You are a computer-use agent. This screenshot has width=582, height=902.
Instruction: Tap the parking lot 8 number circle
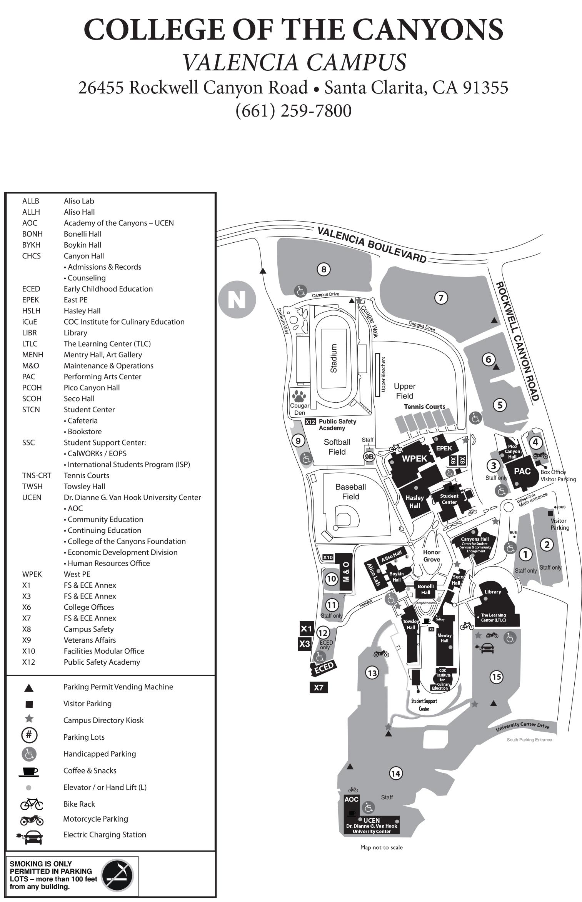[324, 269]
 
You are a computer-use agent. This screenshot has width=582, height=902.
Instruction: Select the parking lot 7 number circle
[441, 297]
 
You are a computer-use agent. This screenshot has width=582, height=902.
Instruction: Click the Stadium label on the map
[334, 358]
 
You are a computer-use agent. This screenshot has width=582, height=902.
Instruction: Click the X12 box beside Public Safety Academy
[310, 422]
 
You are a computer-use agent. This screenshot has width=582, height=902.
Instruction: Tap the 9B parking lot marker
[369, 457]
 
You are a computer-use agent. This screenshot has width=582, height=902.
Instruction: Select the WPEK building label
[415, 458]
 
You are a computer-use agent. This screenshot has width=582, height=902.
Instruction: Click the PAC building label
[522, 471]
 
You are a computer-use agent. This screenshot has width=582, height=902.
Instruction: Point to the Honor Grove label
[432, 556]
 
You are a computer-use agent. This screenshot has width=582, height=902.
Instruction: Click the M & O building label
[346, 572]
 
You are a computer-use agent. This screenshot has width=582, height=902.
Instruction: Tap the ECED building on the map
[324, 668]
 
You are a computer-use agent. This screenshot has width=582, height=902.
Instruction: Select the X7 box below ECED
[319, 687]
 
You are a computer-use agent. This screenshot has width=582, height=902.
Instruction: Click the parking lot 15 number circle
[496, 677]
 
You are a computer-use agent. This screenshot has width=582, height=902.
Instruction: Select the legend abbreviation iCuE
[30, 322]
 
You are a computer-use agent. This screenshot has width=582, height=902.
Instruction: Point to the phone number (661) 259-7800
[293, 111]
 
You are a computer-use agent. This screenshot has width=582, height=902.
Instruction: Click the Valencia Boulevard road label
[372, 245]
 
